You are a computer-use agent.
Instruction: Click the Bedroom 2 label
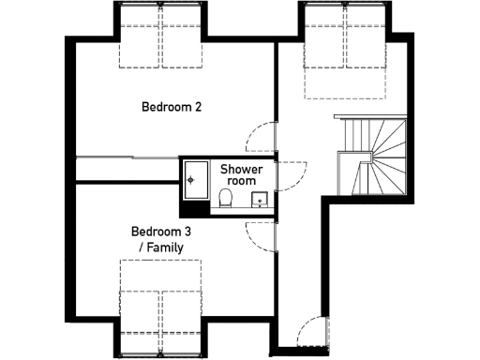coord(172,107)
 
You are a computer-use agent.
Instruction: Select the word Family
coord(161,247)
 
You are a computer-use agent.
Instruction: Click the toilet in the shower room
coord(225,197)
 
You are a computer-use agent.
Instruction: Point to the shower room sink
coord(259,199)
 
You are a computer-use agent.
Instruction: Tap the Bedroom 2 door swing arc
coord(259,139)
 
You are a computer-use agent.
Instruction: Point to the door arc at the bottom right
coord(313,334)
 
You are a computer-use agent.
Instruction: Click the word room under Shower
coord(242,181)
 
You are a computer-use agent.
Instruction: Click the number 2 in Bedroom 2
coord(198,107)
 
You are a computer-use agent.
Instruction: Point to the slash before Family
coord(140,247)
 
